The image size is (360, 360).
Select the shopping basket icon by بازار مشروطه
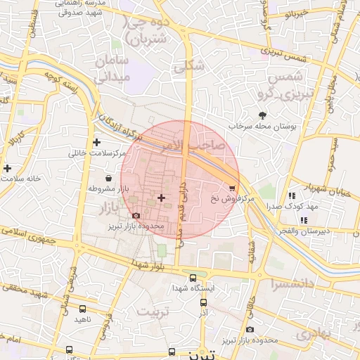(x=108, y=178)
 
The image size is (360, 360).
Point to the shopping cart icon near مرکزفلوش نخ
(x=232, y=188)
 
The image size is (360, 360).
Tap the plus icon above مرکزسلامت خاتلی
(x=97, y=142)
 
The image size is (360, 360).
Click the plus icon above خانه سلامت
(x=7, y=168)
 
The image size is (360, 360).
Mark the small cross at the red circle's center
(x=162, y=198)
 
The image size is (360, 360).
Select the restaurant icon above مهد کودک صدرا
(x=291, y=195)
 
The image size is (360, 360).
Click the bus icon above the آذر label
(x=203, y=302)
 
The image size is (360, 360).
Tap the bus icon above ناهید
(x=83, y=309)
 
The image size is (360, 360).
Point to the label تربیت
(x=155, y=310)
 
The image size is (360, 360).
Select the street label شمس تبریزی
(x=285, y=52)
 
